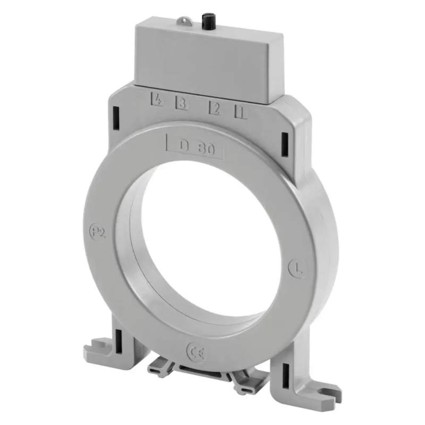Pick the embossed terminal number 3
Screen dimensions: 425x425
182,103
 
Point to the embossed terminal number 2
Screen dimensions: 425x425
216,108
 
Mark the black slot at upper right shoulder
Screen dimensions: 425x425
284,141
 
